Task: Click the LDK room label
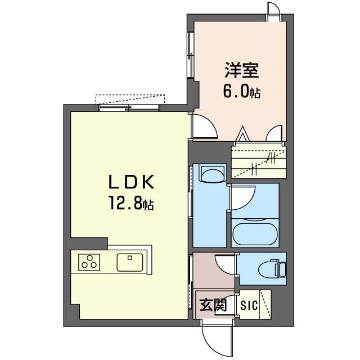[131, 182]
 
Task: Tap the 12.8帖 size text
[131, 203]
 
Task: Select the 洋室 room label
[242, 70]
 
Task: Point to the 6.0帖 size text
[242, 91]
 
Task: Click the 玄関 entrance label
[213, 305]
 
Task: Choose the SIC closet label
[249, 305]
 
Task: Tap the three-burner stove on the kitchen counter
[89, 262]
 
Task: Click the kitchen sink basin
[130, 262]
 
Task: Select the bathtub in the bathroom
[255, 232]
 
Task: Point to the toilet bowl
[269, 269]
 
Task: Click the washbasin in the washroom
[213, 173]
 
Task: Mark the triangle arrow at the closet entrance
[243, 134]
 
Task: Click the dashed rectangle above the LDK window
[130, 99]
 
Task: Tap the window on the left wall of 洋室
[191, 55]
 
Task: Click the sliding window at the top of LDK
[129, 108]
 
